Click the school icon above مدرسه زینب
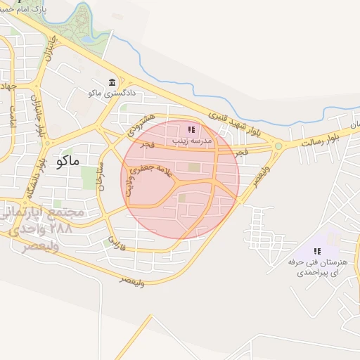coord(191,129)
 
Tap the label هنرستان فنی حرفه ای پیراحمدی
coord(318,266)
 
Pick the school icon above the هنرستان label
coord(317,251)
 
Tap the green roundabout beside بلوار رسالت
coord(278,146)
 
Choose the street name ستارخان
coord(102,175)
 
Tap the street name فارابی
coord(115,244)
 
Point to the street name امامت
coord(12,120)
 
